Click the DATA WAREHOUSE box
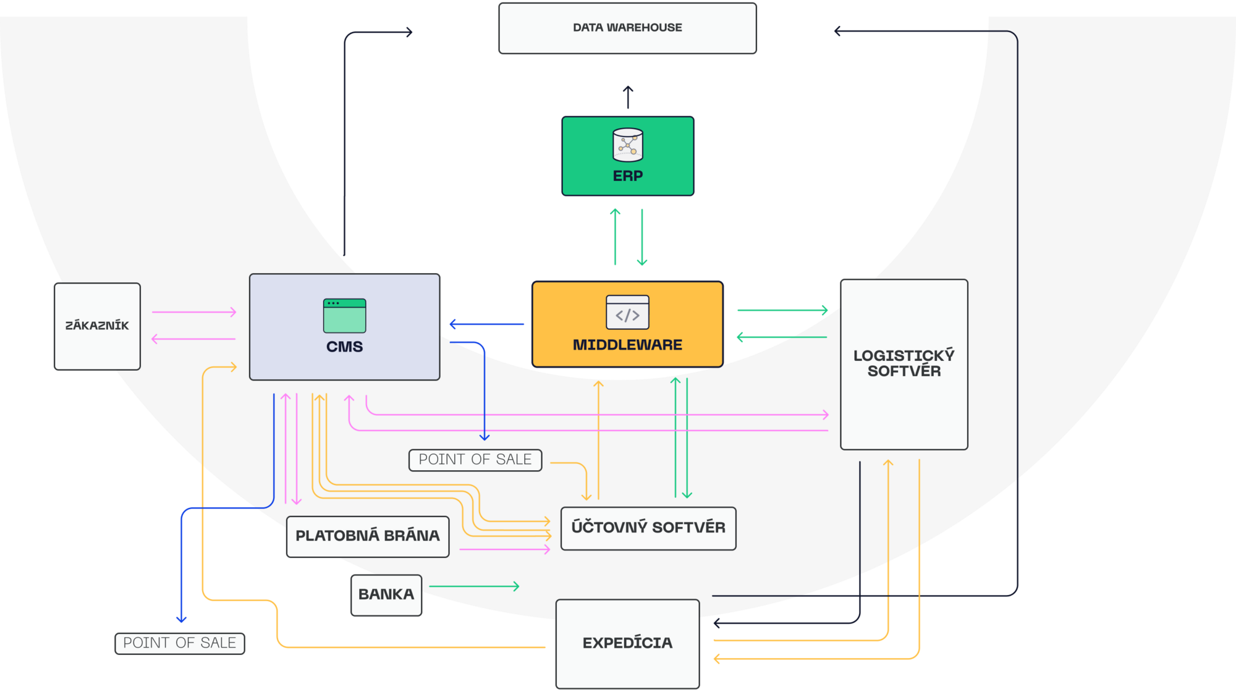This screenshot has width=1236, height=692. pos(627,28)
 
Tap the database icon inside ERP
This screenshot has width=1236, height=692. pos(627,145)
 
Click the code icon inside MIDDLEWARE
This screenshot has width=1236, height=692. pos(627,313)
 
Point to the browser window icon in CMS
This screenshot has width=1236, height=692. pos(344,316)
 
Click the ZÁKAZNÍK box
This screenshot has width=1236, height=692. pos(97,326)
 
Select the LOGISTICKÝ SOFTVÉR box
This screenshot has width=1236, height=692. pos(904,365)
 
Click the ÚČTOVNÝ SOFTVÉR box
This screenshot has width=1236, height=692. pos(648,528)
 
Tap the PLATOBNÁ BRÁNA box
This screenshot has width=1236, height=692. pos(367,536)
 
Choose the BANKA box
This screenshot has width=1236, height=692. pos(386,595)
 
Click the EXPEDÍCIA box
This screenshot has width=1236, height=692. pos(627,643)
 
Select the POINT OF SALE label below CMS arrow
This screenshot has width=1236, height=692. pos(475,460)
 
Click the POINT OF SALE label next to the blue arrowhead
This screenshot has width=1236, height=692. pos(179,643)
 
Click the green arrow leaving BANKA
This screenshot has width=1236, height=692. pos(473,586)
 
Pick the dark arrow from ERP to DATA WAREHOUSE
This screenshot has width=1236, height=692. pos(628,97)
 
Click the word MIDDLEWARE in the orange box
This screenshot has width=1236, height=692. pos(627,345)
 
